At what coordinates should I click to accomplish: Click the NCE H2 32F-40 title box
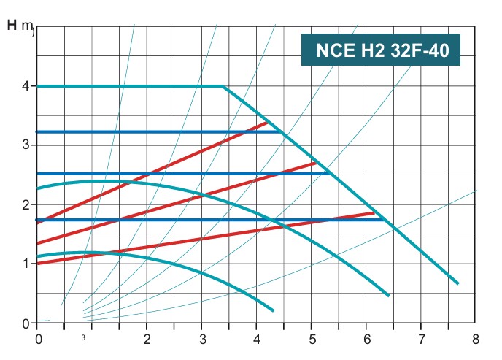tap(380, 51)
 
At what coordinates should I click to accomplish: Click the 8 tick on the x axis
tap(476, 340)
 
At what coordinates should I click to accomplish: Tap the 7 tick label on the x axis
tap(421, 340)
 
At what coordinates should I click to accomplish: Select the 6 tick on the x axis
tap(366, 340)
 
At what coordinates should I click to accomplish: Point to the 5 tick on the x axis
tap(312, 340)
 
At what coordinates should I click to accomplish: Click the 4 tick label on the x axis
tap(257, 340)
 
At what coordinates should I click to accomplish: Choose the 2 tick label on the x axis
tap(147, 340)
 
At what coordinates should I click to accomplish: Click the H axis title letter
tap(12, 26)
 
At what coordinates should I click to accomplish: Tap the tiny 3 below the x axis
tap(84, 338)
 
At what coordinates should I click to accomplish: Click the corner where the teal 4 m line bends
tap(223, 86)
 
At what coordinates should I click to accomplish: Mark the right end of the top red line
tap(269, 123)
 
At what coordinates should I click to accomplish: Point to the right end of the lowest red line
tap(374, 213)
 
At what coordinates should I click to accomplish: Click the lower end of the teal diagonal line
tap(457, 283)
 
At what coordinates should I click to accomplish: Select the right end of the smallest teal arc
tap(273, 310)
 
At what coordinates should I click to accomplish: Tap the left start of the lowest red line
tap(36, 263)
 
